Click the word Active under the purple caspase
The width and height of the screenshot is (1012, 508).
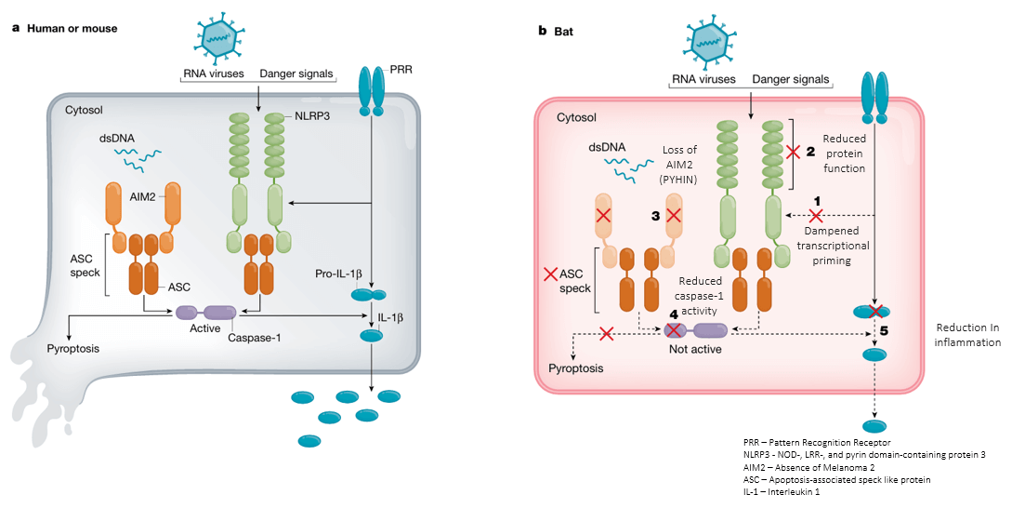pyautogui.click(x=204, y=328)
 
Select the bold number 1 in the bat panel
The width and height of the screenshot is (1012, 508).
pyautogui.click(x=817, y=200)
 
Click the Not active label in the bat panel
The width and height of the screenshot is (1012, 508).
pyautogui.click(x=695, y=350)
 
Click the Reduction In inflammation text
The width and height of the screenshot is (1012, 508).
pyautogui.click(x=967, y=336)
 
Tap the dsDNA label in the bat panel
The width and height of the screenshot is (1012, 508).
pyautogui.click(x=606, y=146)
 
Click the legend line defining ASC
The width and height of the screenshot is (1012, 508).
pyautogui.click(x=837, y=479)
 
